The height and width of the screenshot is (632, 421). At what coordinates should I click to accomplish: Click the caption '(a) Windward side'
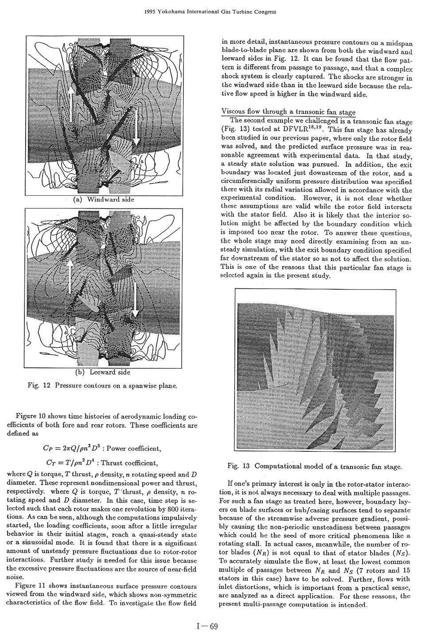(x=103, y=199)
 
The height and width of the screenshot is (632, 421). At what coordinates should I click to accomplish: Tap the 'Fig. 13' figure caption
(x=314, y=466)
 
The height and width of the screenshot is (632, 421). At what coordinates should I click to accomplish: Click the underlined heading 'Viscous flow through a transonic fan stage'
(x=288, y=112)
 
